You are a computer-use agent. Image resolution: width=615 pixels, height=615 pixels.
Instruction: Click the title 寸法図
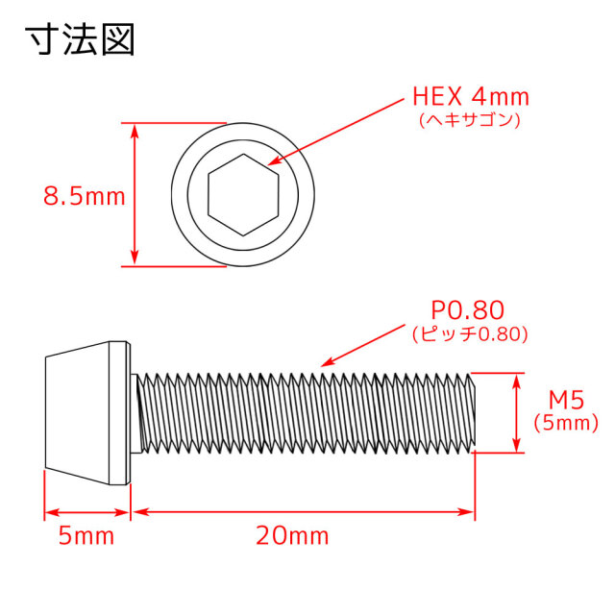point(80,39)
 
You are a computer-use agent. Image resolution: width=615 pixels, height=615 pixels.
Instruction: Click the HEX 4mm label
point(471,97)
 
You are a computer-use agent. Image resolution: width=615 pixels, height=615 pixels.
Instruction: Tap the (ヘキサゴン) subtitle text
point(470,119)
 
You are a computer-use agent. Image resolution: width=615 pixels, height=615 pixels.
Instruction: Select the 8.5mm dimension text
point(84,196)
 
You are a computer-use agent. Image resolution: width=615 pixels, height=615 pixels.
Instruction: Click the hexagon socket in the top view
point(243,194)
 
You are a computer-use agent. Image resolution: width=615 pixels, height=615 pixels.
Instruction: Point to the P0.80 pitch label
point(467,310)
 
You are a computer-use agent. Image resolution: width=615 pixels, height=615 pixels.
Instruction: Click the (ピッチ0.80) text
point(470,333)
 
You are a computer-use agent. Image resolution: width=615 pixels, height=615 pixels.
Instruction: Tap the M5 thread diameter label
point(566,400)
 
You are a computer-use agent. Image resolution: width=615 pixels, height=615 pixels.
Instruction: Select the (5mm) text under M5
point(566,423)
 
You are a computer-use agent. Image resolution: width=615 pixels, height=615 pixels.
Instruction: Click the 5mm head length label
point(86,536)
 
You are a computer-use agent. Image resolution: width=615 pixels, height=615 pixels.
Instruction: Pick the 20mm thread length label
point(292,536)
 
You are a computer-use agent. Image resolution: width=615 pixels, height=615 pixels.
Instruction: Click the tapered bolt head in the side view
point(87,413)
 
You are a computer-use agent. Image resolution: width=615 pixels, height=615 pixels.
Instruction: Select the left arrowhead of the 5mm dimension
point(52,512)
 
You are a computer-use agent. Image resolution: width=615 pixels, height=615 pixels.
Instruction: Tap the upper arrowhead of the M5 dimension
point(517,381)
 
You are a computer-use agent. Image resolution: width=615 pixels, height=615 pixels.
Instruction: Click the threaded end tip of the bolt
point(475,413)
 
